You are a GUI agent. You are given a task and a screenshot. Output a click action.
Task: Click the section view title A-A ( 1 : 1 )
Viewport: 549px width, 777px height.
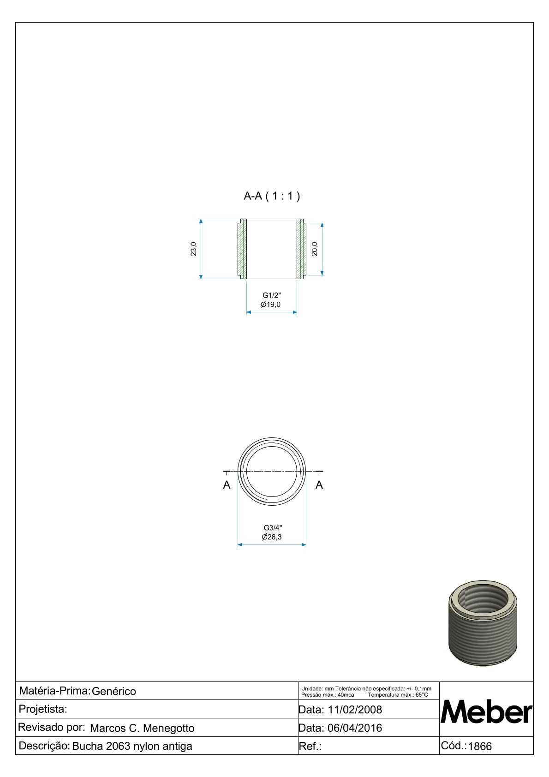(x=272, y=197)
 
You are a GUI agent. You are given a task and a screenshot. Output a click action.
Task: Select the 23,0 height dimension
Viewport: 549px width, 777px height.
(x=193, y=249)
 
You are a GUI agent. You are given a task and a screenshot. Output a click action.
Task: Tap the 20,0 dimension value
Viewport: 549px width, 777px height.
(x=315, y=249)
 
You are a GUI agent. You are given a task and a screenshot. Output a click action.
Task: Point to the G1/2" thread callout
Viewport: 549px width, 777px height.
(x=272, y=295)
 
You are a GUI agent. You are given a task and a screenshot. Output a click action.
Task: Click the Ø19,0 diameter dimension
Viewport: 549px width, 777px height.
(x=271, y=305)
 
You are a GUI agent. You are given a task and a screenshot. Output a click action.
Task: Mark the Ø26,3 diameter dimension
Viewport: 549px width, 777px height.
(x=272, y=537)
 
